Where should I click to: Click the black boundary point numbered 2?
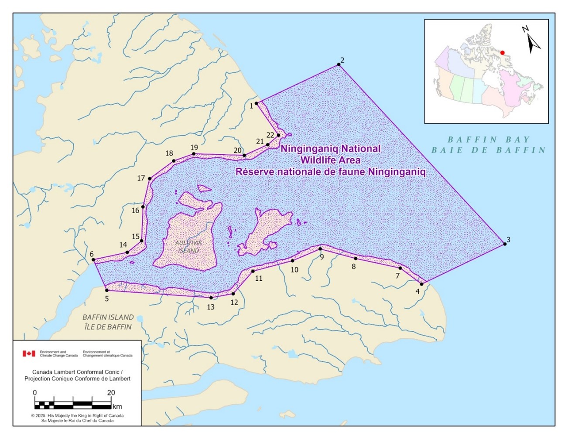pyautogui.click(x=339, y=65)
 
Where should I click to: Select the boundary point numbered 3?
pyautogui.click(x=505, y=244)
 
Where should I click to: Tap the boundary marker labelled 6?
pyautogui.click(x=93, y=260)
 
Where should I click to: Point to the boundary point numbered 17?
pyautogui.click(x=150, y=178)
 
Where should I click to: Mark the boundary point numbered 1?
pyautogui.click(x=257, y=103)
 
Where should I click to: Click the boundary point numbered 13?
pyautogui.click(x=211, y=298)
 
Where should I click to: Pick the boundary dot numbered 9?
pyautogui.click(x=320, y=249)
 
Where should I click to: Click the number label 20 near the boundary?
pyautogui.click(x=237, y=150)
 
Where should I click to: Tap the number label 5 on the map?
pyautogui.click(x=106, y=299)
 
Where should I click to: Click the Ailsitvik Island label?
pyautogui.click(x=188, y=246)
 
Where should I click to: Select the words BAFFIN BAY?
pyautogui.click(x=488, y=140)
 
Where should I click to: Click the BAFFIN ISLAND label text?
pyautogui.click(x=108, y=317)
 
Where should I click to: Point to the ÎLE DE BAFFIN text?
pyautogui.click(x=108, y=327)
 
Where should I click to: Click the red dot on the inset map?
pyautogui.click(x=502, y=52)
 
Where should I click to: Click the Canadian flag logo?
pyautogui.click(x=29, y=353)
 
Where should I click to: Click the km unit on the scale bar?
pyautogui.click(x=117, y=407)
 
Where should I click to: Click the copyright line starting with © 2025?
pyautogui.click(x=77, y=415)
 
